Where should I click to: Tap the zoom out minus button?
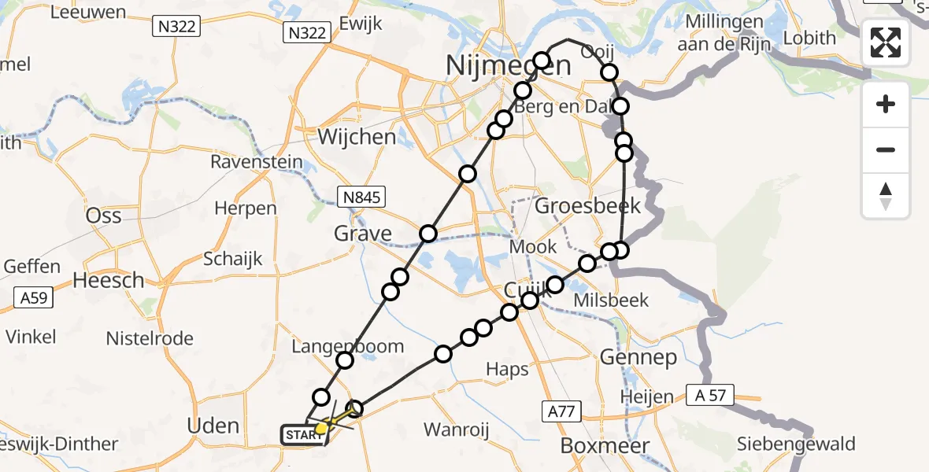coord(886,149)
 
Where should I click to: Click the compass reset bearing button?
coord(886,195)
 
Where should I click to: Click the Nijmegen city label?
coord(508,65)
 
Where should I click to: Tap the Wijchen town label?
coord(357,137)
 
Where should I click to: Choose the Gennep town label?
coord(638,358)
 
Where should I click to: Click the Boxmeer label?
coord(605,446)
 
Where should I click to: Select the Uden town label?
coord(213,426)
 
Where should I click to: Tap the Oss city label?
coord(103,216)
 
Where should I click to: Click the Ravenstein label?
coord(257,162)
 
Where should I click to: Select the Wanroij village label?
coord(458,430)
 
